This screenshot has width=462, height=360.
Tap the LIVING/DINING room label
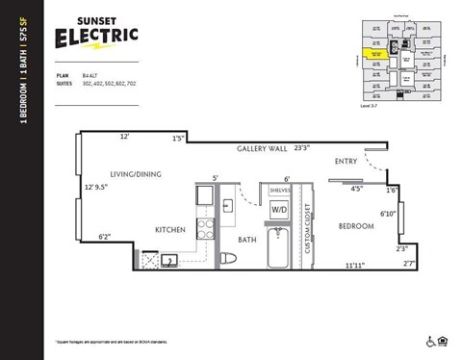pyautogui.click(x=136, y=174)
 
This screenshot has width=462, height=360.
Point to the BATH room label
pyautogui.click(x=246, y=240)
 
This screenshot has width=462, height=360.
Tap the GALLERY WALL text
pyautogui.click(x=262, y=150)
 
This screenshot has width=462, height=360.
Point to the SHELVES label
pyautogui.click(x=280, y=190)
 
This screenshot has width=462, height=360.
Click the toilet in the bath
pyautogui.click(x=228, y=257)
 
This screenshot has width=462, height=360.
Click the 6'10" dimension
pyautogui.click(x=388, y=214)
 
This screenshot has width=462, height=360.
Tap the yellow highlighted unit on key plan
pyautogui.click(x=376, y=55)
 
